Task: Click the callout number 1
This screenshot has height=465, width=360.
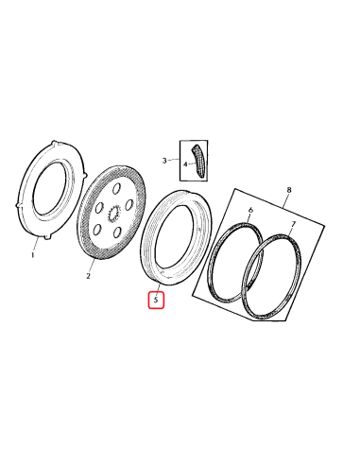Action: [x=32, y=255]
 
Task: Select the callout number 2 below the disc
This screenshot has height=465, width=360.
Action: [x=88, y=276]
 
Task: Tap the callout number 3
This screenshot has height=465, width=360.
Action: [x=164, y=161]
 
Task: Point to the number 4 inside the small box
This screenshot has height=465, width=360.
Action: [x=185, y=164]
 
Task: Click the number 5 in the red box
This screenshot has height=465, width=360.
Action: [x=156, y=300]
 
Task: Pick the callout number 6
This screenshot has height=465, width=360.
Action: [x=250, y=210]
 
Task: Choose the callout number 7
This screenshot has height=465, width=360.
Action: [x=293, y=224]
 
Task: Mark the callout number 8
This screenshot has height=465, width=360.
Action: [x=289, y=190]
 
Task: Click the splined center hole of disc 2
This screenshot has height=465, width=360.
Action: [x=112, y=215]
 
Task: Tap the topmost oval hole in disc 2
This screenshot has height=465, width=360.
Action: [x=116, y=190]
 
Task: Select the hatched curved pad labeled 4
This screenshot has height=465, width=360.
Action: [x=199, y=161]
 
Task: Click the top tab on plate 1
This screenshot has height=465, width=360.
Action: [x=55, y=144]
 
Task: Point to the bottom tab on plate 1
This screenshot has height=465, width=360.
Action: [x=47, y=237]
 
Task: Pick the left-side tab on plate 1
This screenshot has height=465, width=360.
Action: [x=18, y=205]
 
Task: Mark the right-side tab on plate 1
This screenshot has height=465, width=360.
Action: [x=85, y=175]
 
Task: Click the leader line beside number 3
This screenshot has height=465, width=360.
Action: [x=173, y=160]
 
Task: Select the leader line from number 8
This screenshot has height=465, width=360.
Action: [x=284, y=201]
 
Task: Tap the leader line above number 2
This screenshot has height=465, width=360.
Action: [x=92, y=266]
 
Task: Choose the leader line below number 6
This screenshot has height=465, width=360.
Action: [x=248, y=218]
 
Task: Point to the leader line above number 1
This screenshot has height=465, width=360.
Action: [x=36, y=244]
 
